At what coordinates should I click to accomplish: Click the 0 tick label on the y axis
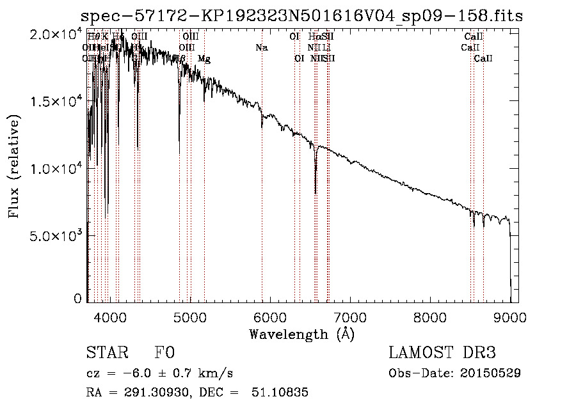click(x=78, y=298)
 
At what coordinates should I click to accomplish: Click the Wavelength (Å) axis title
click(x=301, y=334)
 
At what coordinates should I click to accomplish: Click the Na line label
click(x=261, y=48)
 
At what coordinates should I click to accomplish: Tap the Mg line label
click(x=204, y=59)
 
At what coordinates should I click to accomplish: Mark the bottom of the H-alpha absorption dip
click(x=316, y=192)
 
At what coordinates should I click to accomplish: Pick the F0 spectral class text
click(x=164, y=353)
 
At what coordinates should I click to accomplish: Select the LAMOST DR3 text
click(x=442, y=353)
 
